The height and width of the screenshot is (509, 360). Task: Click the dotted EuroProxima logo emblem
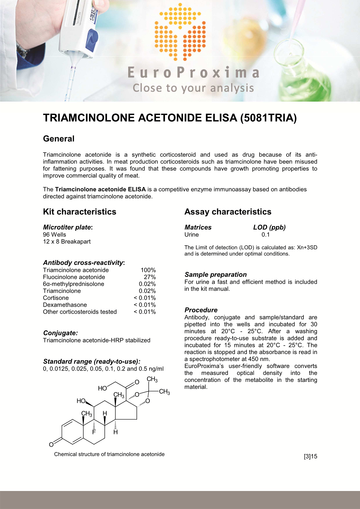click(180, 32)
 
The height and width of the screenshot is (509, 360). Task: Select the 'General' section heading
click(59, 139)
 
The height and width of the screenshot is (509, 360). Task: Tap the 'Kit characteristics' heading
click(80, 212)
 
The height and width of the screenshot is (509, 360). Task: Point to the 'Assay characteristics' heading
click(228, 212)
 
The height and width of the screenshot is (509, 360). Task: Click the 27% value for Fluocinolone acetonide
click(150, 277)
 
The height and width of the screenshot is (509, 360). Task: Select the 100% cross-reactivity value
click(148, 270)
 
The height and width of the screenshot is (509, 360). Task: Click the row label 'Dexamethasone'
click(65, 305)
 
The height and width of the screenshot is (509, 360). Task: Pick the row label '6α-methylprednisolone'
click(73, 284)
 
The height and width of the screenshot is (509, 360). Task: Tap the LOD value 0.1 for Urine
click(265, 235)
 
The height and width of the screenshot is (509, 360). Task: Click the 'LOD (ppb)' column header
click(269, 228)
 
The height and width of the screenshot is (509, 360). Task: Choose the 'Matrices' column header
click(198, 228)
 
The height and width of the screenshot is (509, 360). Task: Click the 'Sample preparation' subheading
click(215, 275)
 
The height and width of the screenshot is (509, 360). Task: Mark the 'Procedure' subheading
click(201, 310)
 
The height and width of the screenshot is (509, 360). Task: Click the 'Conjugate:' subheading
click(60, 333)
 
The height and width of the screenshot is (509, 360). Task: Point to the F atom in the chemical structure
click(94, 432)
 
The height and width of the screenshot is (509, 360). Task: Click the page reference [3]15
click(310, 456)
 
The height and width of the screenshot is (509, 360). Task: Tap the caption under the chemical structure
click(109, 454)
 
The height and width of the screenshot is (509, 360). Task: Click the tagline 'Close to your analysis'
click(193, 88)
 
